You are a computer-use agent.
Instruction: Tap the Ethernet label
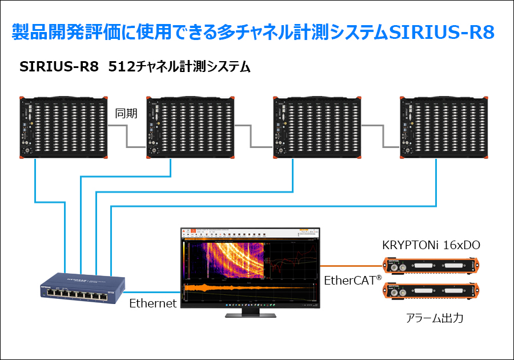152,303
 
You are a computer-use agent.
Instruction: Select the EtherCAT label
352,281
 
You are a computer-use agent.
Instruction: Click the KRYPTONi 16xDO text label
431,246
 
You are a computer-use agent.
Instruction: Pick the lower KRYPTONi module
430,291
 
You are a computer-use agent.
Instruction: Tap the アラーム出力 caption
430,318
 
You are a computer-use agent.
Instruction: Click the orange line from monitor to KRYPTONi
350,266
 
